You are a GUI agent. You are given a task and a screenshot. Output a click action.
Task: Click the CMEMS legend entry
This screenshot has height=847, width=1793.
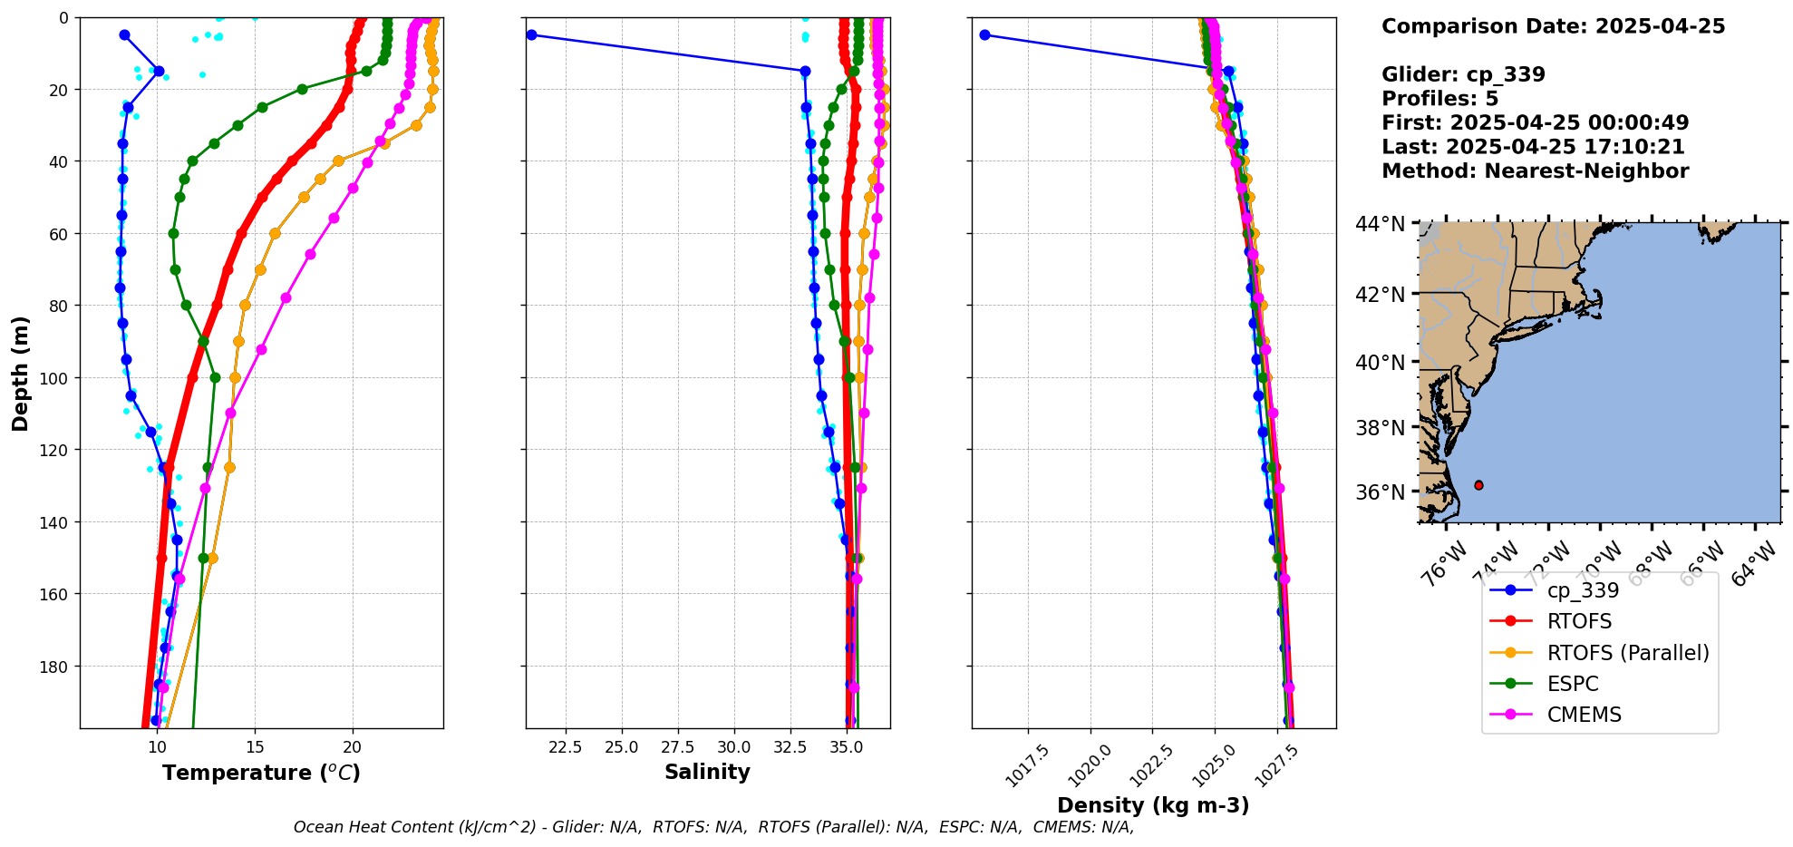coord(1584,715)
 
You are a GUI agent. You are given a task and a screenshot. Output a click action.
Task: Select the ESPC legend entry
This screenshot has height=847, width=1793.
coord(1573,684)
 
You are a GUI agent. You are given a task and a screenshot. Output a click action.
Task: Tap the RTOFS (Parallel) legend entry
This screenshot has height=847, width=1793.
coord(1627,653)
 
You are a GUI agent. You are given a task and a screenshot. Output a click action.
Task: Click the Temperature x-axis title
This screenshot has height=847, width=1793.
coord(261,773)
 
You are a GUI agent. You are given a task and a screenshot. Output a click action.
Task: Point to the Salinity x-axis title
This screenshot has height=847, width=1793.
coord(707,772)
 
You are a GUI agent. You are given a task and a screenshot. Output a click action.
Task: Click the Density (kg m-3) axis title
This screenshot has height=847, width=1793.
coord(1153,805)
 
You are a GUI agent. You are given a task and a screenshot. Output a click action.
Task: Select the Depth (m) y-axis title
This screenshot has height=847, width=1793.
coord(21,373)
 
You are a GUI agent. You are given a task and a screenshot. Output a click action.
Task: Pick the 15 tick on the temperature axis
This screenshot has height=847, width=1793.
coord(255,748)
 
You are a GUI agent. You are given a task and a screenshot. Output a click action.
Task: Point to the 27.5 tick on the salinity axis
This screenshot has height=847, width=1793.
coord(678,748)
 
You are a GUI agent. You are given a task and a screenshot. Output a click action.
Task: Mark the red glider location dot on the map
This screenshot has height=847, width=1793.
coord(1478,485)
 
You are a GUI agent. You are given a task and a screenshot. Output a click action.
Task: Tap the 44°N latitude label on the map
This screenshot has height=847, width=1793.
coord(1381,223)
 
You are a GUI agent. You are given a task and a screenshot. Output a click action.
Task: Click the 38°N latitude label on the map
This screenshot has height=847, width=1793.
coord(1381,427)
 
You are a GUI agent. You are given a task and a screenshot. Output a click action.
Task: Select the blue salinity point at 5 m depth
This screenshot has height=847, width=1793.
coord(531,35)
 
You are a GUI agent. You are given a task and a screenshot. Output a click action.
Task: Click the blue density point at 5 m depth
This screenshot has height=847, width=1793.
coord(984,35)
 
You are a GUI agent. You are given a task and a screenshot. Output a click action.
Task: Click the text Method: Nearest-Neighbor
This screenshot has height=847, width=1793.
coord(1535,171)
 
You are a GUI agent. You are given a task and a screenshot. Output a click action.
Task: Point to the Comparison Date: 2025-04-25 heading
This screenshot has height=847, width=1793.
coord(1553,26)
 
